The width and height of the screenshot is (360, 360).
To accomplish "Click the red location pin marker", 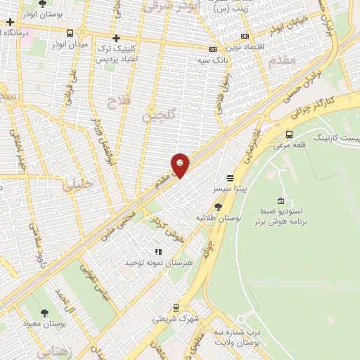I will (x=181, y=165).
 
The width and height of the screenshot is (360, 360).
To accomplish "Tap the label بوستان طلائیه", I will (x=218, y=219).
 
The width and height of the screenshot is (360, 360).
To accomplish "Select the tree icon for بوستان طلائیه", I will (x=218, y=207).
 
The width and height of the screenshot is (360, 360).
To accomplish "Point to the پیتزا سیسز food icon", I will (x=230, y=178).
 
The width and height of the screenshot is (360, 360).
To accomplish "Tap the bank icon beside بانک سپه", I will (x=213, y=49).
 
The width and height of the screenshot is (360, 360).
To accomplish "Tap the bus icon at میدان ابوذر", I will (x=70, y=33).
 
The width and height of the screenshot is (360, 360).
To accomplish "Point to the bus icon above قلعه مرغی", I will (x=289, y=134).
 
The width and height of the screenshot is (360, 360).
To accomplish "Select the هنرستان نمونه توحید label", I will (x=154, y=262).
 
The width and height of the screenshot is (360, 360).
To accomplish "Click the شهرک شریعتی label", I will (x=176, y=319).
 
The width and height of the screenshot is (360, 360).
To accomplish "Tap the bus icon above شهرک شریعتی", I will (x=176, y=307).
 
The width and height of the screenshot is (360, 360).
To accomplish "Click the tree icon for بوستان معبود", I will (x=45, y=314).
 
